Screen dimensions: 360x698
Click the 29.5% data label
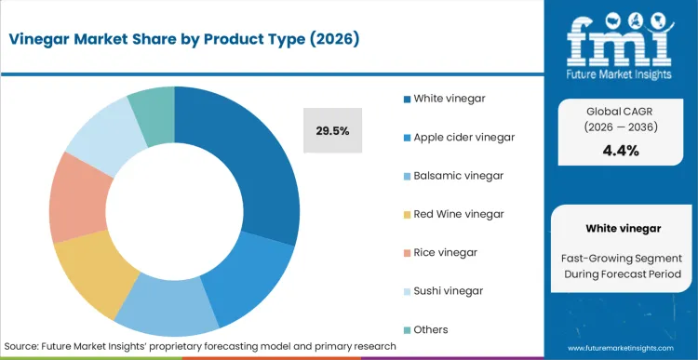tap(332, 131)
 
